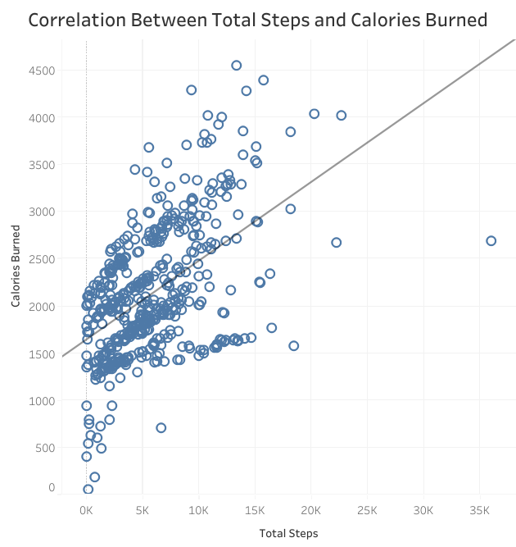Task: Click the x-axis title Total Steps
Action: click(288, 533)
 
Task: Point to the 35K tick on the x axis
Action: click(479, 509)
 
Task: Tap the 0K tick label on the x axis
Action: click(86, 509)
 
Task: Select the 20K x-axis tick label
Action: click(311, 509)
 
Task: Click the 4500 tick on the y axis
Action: click(40, 71)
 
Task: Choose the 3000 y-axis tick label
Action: click(40, 212)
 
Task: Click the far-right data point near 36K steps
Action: click(491, 240)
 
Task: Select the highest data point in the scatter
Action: click(237, 65)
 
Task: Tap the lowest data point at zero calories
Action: click(88, 490)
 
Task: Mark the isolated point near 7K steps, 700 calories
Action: click(161, 427)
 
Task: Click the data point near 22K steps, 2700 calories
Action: click(336, 242)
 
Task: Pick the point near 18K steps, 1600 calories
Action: click(293, 345)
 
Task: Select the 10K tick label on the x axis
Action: click(198, 509)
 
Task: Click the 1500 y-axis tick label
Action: click(40, 353)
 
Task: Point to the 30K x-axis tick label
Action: click(423, 509)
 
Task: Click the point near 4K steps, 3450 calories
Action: click(135, 169)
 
